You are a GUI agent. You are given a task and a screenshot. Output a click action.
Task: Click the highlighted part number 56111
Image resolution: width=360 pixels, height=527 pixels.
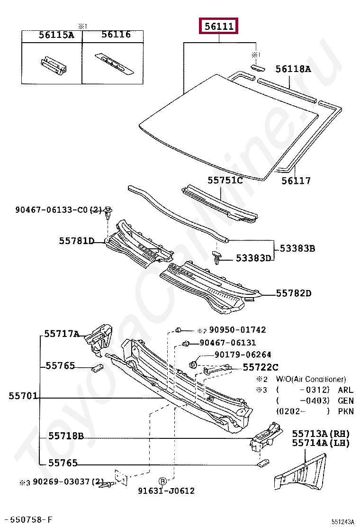tap(219, 27)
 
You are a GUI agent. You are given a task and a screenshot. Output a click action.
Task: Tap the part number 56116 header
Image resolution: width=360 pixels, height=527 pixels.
tap(116, 35)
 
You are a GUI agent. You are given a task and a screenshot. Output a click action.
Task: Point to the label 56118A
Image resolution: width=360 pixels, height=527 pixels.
tap(293, 69)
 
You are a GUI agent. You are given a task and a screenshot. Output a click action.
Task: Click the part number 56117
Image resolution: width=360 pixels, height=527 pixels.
tap(296, 181)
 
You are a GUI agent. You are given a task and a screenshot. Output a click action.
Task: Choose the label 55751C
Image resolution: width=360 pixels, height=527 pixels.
tap(225, 181)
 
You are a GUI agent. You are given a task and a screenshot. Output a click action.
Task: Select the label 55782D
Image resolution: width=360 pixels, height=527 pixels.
tap(294, 293)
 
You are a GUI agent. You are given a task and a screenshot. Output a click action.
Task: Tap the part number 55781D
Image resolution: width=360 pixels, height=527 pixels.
tap(77, 241)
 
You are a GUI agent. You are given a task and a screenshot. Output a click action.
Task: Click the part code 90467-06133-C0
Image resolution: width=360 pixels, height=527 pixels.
tap(52, 209)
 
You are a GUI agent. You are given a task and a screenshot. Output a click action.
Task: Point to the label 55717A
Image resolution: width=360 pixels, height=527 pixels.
tap(62, 334)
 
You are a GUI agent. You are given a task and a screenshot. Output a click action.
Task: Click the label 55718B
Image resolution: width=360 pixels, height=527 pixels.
tap(66, 436)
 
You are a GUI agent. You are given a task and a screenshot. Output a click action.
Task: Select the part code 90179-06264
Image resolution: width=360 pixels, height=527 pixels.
tap(243, 354)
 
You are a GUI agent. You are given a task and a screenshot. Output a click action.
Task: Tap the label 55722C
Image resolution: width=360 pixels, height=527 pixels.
tap(261, 367)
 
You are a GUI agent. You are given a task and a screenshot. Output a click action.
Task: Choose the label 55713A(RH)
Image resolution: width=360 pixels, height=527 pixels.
tap(320, 434)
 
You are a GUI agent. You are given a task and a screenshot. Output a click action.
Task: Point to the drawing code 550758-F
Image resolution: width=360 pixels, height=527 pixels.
tap(28, 520)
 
